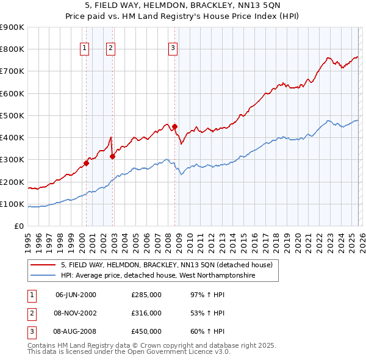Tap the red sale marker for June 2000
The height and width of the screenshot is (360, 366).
86,163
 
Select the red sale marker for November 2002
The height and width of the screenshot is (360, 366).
112,156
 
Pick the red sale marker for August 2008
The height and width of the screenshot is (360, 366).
174,127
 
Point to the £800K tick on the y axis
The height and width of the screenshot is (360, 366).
12,49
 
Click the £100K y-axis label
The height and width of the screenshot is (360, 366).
12,204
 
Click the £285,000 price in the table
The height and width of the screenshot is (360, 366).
146,295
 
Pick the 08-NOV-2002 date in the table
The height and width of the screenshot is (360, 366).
76,313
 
